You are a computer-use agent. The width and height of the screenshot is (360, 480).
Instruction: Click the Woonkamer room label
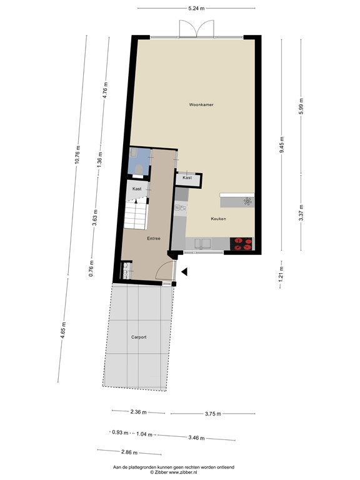coord(201,105)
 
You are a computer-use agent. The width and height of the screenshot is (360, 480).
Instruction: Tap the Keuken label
coord(218,219)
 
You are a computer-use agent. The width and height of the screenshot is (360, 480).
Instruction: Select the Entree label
coord(154,238)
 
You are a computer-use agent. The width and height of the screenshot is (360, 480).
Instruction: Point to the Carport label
coord(139,337)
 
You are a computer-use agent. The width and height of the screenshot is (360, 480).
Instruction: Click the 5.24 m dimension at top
coord(196,9)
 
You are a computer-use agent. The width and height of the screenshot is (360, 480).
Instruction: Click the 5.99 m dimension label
coord(301,104)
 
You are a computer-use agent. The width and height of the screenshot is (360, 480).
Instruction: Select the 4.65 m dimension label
coord(62,329)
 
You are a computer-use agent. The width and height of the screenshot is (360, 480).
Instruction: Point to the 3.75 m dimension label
coord(213,413)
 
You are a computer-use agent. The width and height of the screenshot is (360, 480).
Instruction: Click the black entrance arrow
coord(184,271)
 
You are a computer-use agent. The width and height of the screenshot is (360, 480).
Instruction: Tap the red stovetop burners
coord(241,244)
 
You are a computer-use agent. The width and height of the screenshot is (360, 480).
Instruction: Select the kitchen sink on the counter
coord(204,242)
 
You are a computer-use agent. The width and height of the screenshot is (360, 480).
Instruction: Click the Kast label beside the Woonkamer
coord(187,178)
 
